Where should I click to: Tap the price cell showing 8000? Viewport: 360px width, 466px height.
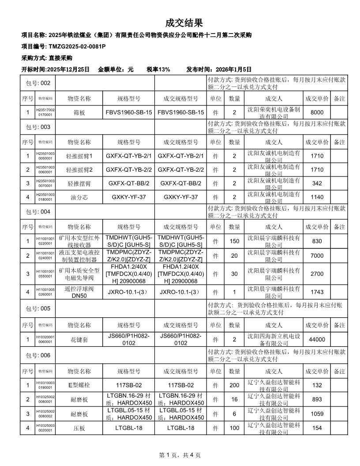coord(317,113)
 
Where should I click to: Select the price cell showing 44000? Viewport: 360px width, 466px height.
coord(317,339)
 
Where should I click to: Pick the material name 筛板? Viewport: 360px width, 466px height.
coord(79,113)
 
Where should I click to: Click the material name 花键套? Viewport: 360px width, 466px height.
coord(79,339)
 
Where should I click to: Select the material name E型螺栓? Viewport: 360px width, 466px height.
coord(79,385)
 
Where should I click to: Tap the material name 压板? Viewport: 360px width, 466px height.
coord(79,428)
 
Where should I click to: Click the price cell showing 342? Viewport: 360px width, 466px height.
coord(317,183)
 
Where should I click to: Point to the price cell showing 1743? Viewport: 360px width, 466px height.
coord(317,292)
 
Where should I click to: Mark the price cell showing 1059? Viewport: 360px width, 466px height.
coord(317,413)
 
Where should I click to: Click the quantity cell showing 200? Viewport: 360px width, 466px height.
coord(234,385)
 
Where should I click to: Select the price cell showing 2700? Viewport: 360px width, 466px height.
coord(317,274)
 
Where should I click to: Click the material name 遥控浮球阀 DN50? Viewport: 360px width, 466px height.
coord(79,292)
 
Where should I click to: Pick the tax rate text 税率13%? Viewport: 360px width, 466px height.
coord(158,69)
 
